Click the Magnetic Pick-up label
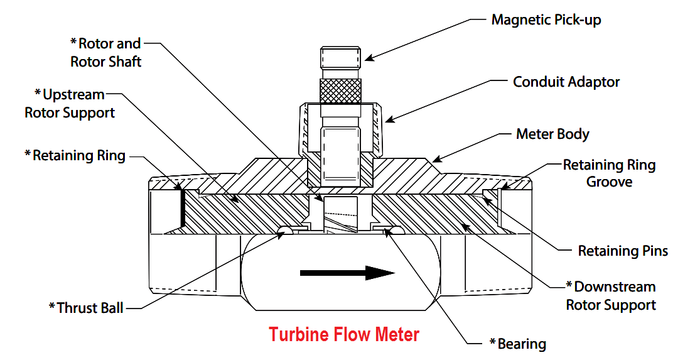point(546,20)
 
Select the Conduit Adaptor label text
point(566,82)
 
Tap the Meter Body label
point(553,134)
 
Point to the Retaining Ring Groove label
point(610,173)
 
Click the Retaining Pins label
point(623,251)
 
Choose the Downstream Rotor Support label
point(611,296)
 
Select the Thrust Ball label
point(86,308)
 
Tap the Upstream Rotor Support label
point(70,104)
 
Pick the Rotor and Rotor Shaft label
point(105,52)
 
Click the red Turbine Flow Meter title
point(343,334)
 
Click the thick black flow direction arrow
point(347,273)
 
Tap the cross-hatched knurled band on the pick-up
point(340,91)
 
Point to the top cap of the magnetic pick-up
point(340,57)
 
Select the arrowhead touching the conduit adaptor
point(390,118)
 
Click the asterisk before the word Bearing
point(493,342)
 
